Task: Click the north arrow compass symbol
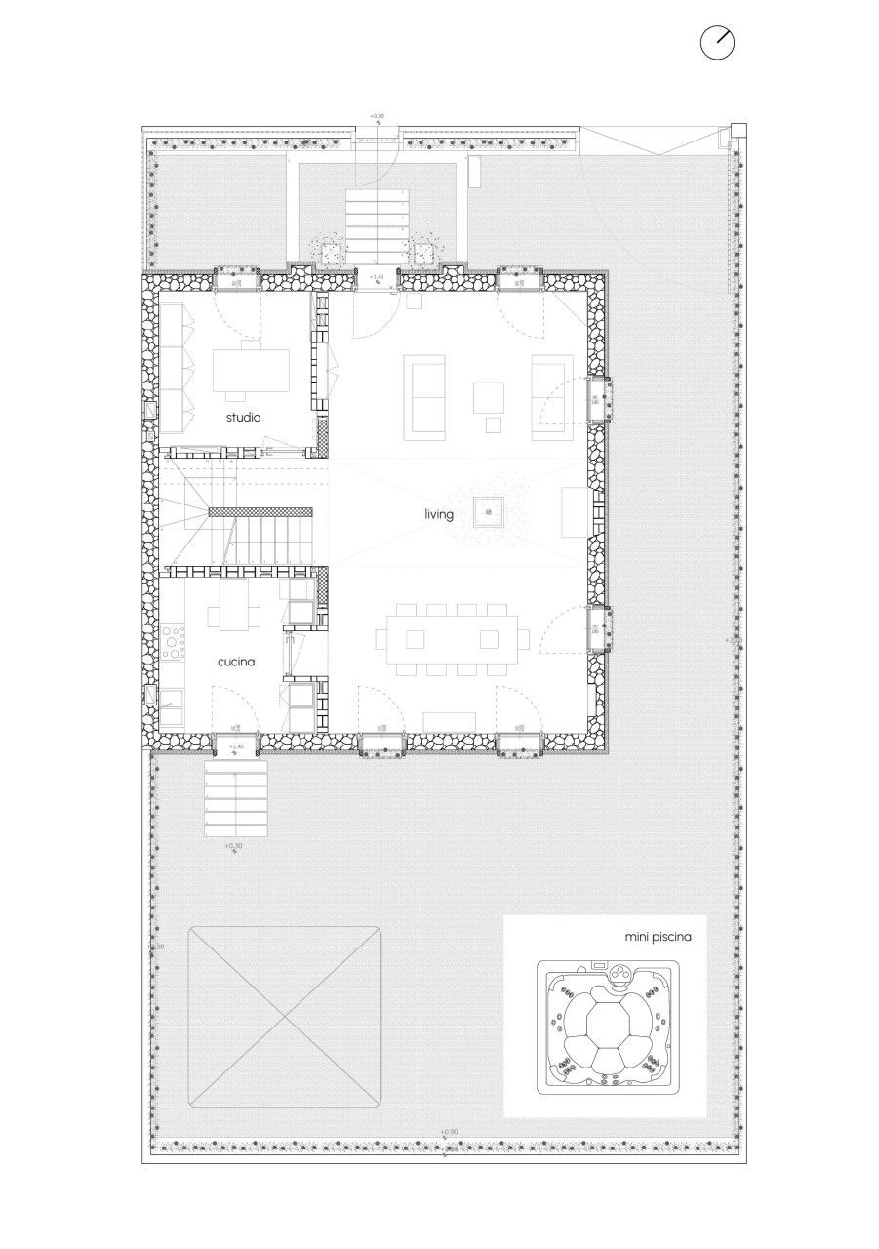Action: pyautogui.click(x=717, y=43)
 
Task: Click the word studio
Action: pyautogui.click(x=243, y=418)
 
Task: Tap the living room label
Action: pyautogui.click(x=438, y=513)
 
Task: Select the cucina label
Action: pyautogui.click(x=236, y=661)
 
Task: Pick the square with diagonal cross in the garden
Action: pyautogui.click(x=284, y=1016)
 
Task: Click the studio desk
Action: pyautogui.click(x=251, y=370)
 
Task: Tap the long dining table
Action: pyautogui.click(x=454, y=639)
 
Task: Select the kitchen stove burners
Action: pyautogui.click(x=174, y=642)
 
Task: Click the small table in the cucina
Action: pyautogui.click(x=234, y=616)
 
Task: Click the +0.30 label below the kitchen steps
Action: pyautogui.click(x=234, y=846)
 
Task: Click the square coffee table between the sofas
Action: pyautogui.click(x=490, y=396)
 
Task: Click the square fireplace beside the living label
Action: pyautogui.click(x=488, y=512)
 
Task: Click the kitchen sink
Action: pyautogui.click(x=174, y=699)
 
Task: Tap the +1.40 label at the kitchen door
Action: pyautogui.click(x=235, y=747)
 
